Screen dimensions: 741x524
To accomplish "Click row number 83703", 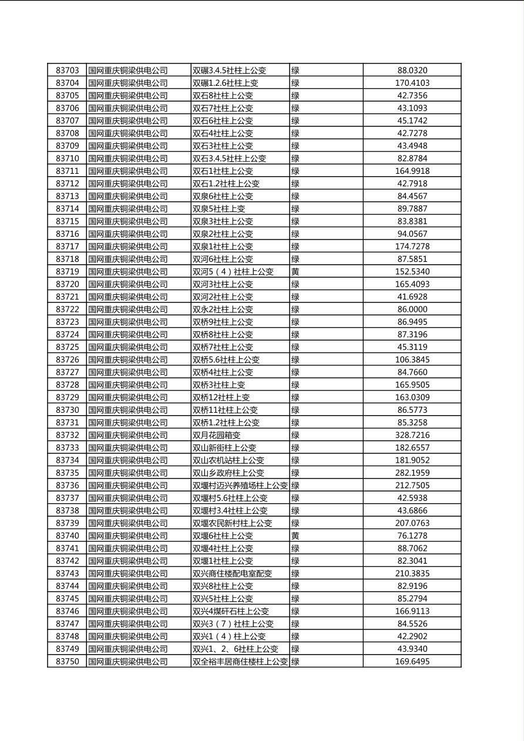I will click(67, 70).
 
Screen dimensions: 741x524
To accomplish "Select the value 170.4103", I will click(412, 83).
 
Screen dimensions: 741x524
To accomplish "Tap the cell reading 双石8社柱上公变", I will click(223, 96).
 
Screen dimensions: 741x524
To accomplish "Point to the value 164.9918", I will click(412, 171).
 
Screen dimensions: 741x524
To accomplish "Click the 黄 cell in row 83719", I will click(295, 272).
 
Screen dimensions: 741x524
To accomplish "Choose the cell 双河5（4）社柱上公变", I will click(233, 272).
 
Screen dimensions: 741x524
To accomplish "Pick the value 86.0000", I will click(412, 309).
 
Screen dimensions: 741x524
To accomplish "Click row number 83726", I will click(67, 360).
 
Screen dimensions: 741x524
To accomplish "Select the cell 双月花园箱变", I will click(216, 435).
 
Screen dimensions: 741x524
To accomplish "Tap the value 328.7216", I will click(412, 435).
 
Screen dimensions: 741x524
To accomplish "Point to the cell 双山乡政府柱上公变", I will click(229, 473).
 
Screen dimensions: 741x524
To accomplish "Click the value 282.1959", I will click(412, 473).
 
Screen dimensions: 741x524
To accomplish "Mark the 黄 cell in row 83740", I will click(295, 535).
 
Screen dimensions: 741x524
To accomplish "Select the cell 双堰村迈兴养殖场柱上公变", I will click(240, 486).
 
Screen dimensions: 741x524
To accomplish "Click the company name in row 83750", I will click(128, 661).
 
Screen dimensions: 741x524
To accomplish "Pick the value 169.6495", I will click(412, 661).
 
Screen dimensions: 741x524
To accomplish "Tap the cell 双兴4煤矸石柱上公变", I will click(231, 611).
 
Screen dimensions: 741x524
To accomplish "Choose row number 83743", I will click(67, 574).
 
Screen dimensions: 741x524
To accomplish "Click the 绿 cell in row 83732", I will click(295, 435).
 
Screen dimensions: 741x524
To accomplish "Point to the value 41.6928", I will click(412, 297).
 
